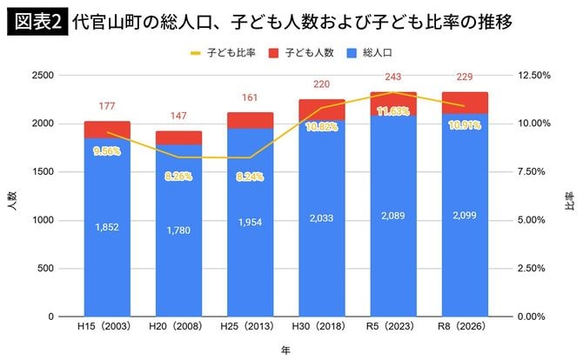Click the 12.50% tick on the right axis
(534, 76)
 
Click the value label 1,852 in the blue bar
(108, 228)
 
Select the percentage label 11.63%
(393, 111)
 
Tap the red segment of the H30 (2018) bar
(322, 110)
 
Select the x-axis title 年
(285, 350)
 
